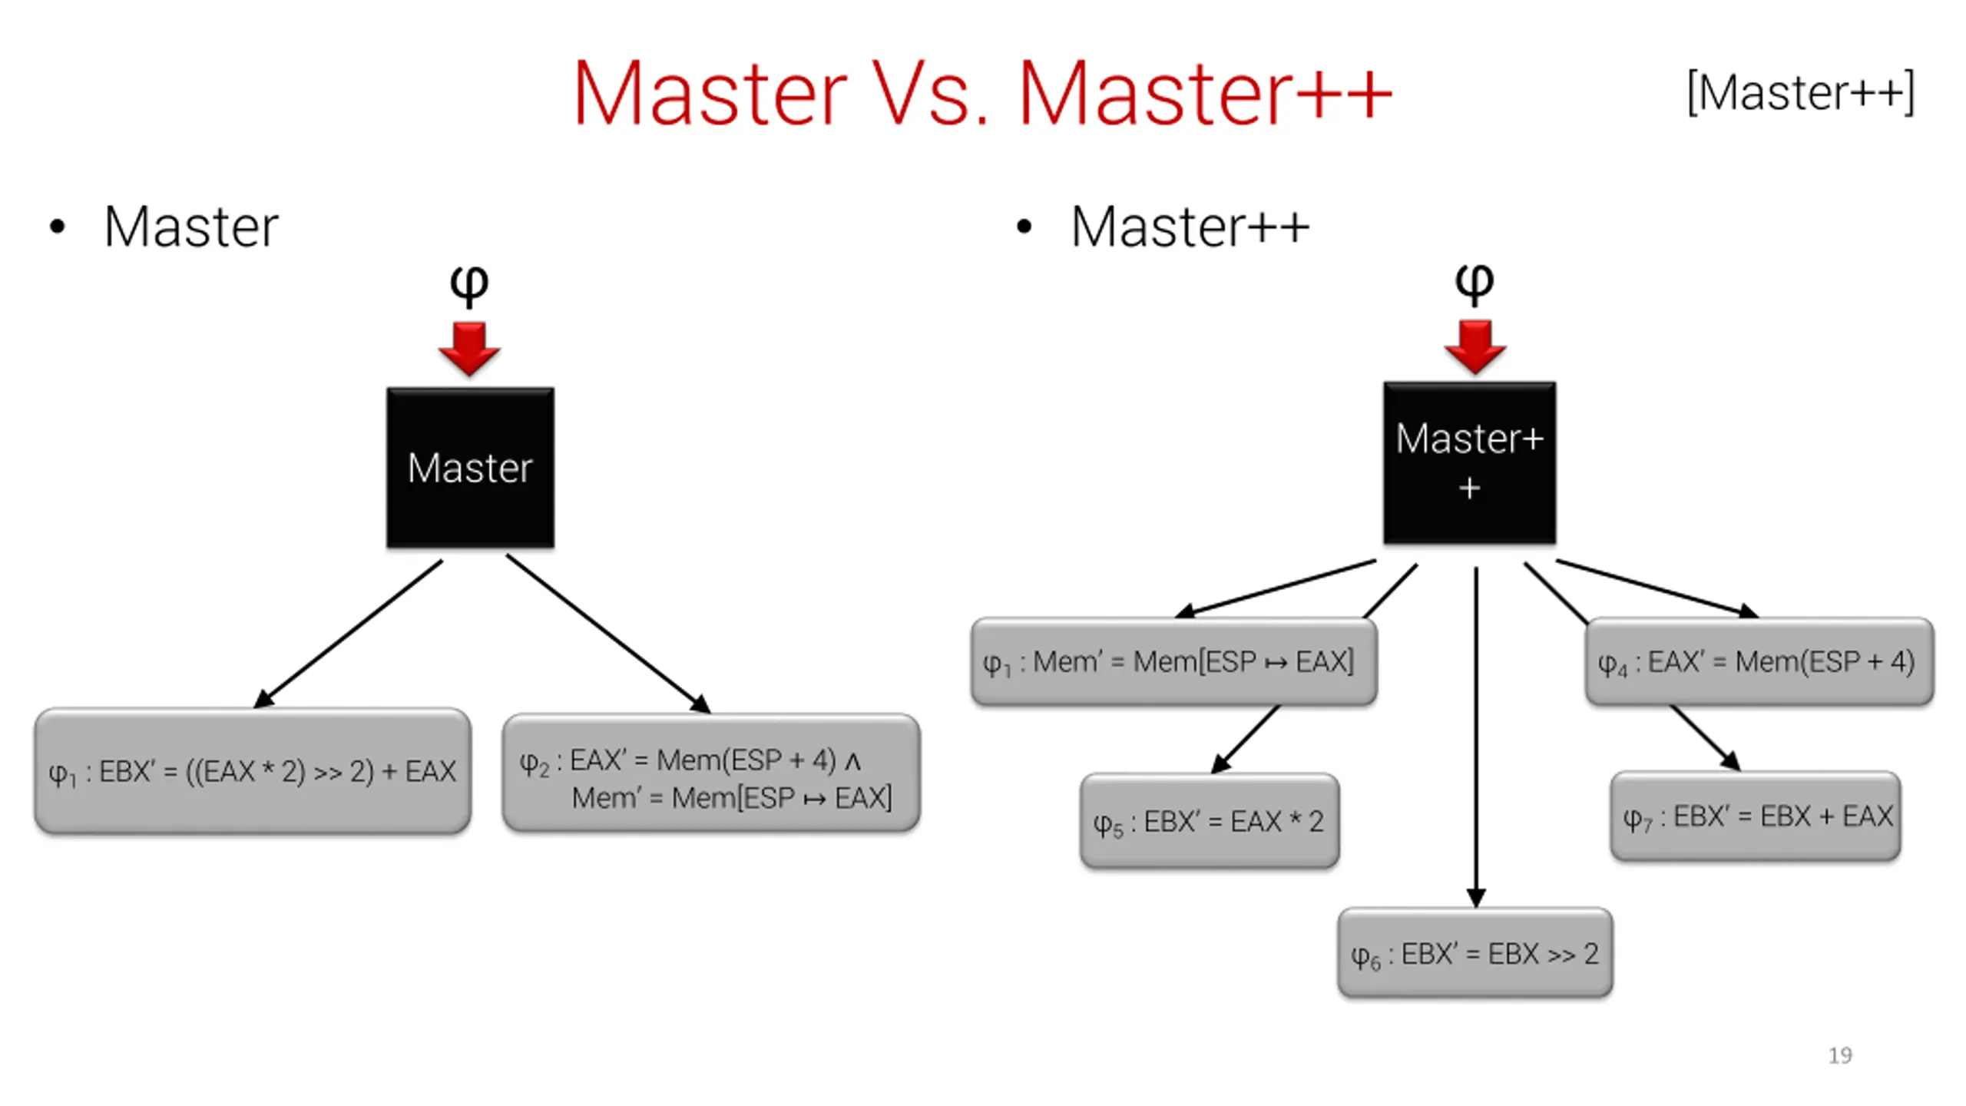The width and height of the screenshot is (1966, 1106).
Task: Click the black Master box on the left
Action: [470, 467]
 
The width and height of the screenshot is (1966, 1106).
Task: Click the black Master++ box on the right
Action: [1469, 462]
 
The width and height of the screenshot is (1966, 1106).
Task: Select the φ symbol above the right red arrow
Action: [1474, 283]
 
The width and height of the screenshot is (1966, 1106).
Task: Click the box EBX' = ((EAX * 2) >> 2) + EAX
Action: [253, 771]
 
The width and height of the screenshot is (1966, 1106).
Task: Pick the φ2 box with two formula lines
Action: [711, 773]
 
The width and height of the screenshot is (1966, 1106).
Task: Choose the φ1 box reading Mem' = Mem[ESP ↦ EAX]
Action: [1173, 661]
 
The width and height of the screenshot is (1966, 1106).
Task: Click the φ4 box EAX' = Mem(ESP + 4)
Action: [1759, 661]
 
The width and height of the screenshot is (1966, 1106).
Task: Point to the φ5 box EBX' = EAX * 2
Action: [1210, 821]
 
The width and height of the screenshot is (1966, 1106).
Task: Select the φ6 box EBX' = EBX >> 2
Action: [1474, 953]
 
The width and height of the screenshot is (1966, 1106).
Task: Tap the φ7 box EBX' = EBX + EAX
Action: [1756, 816]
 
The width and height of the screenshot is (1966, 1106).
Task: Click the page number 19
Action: [1840, 1055]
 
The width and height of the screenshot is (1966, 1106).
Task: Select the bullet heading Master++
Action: [1190, 227]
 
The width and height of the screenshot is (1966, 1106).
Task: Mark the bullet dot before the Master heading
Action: [57, 227]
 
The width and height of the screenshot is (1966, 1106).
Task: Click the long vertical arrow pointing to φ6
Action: [1475, 737]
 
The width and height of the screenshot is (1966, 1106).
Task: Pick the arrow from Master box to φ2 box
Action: [607, 634]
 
